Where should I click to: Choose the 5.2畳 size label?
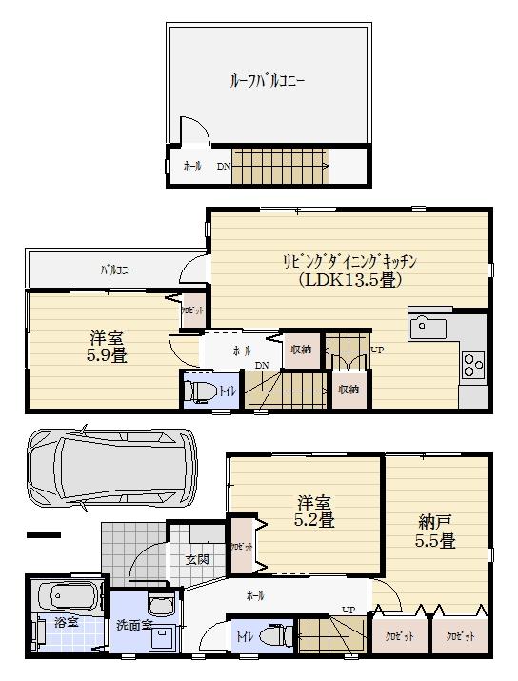(312, 520)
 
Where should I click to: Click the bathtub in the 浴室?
(62, 599)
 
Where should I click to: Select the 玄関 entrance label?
(197, 559)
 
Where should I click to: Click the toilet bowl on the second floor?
(201, 391)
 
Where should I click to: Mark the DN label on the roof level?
(223, 167)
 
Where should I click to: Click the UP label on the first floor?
(349, 610)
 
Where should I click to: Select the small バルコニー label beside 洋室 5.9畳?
(117, 270)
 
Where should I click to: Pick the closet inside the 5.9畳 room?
(190, 310)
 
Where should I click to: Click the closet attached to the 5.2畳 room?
(243, 547)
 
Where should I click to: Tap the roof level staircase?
(280, 166)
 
